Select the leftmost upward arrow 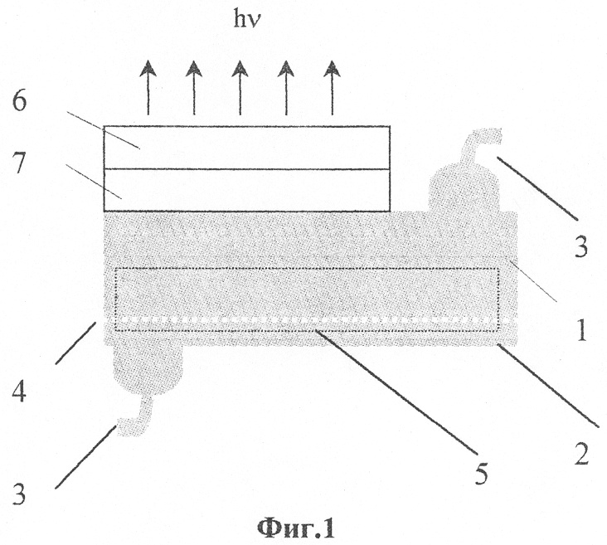point(148,88)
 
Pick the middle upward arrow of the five point(240,88)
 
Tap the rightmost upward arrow point(333,88)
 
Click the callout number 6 point(19,102)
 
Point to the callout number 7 point(19,162)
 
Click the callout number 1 point(582,330)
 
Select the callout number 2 point(581,453)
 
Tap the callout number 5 point(481,473)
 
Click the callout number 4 point(19,390)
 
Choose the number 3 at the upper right point(581,246)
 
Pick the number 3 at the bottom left point(18,494)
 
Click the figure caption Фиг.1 point(296,529)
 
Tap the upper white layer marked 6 point(246,148)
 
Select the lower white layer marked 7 point(246,190)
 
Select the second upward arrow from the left point(194,88)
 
